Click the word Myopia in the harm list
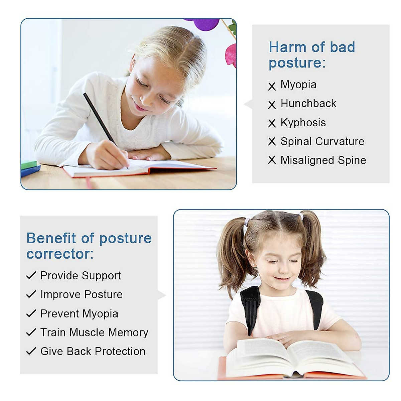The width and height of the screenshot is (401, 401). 298,85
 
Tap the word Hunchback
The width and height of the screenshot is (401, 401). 308,104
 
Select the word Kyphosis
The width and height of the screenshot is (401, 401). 303,123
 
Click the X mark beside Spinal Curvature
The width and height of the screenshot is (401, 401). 272,141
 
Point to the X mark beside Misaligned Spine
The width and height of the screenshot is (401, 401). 272,160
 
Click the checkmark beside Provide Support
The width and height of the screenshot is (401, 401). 31,275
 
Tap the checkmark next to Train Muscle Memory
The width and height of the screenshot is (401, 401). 31,332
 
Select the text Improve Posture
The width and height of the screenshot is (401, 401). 81,294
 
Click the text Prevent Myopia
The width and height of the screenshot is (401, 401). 79,314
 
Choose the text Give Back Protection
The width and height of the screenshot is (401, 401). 93,351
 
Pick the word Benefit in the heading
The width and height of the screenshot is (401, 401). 51,238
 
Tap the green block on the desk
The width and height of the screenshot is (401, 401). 29,164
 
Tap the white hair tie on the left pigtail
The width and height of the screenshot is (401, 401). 246,222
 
